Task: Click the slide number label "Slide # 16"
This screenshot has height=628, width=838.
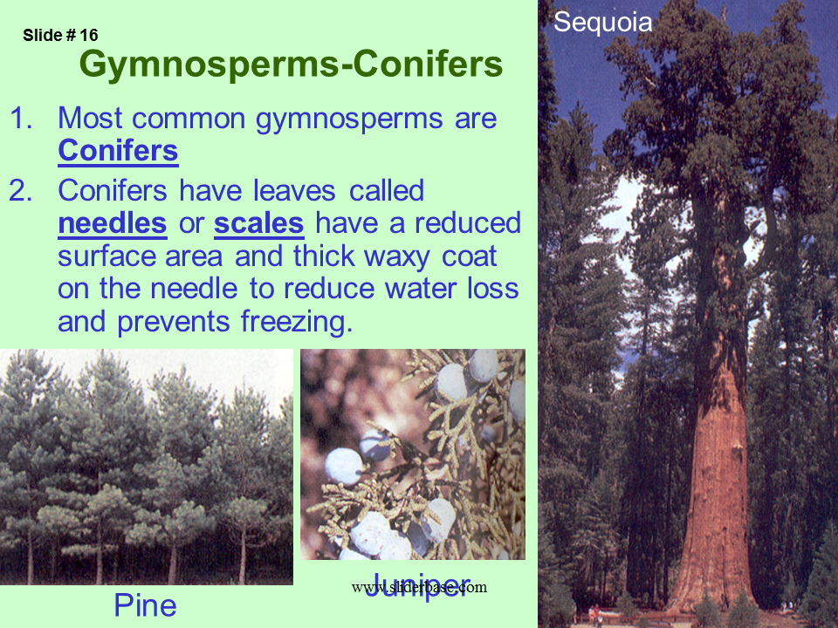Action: click(x=60, y=35)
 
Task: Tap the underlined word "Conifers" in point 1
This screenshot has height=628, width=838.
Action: click(x=118, y=151)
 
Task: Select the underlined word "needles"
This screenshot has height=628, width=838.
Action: click(x=113, y=223)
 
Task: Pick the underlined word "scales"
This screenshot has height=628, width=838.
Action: click(x=259, y=223)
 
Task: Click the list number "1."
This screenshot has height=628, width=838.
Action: click(x=21, y=118)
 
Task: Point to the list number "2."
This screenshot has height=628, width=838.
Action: click(x=21, y=191)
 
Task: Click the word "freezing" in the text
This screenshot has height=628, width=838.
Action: click(x=297, y=322)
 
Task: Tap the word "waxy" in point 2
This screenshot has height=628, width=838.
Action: click(x=397, y=257)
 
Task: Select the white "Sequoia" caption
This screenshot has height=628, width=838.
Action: click(x=603, y=23)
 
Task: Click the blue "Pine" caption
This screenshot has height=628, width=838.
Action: click(x=146, y=605)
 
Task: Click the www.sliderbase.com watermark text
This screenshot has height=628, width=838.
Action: click(x=420, y=587)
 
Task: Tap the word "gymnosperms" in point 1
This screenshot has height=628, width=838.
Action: click(x=349, y=119)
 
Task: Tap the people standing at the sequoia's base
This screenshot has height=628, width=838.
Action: click(x=594, y=615)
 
